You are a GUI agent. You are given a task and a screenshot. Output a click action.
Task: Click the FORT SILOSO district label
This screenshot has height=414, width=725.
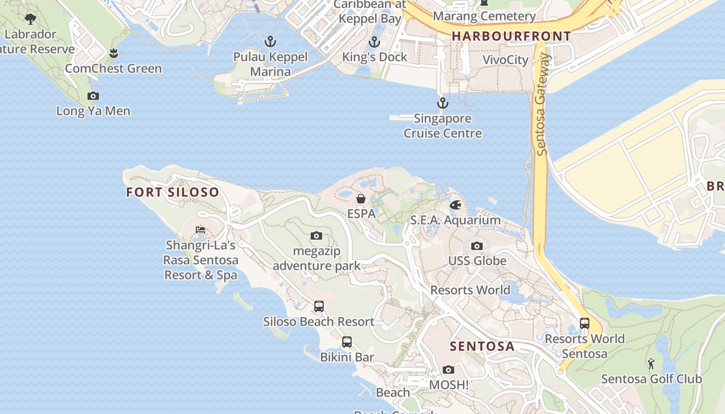[172, 193]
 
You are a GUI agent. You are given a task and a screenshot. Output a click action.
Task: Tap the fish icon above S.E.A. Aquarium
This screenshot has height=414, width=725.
[455, 205]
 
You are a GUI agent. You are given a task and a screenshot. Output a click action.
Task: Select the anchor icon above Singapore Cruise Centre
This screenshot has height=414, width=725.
[442, 103]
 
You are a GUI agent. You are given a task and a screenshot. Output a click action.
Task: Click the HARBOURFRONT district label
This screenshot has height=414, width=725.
[512, 36]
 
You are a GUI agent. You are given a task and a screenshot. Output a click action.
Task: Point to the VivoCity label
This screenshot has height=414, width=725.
[505, 60]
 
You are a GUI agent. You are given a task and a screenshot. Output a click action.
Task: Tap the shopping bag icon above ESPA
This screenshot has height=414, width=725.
[361, 199]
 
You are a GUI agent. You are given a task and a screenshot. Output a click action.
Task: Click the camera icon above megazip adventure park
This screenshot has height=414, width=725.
[316, 236]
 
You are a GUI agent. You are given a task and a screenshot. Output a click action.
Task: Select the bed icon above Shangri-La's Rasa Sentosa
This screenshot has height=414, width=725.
[200, 230]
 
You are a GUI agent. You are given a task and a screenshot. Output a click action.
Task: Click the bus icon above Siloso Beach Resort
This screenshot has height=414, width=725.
[319, 306]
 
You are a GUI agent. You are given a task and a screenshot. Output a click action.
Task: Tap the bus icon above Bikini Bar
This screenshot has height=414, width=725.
[346, 342]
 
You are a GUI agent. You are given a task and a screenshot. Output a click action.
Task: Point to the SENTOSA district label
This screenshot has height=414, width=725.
[482, 346]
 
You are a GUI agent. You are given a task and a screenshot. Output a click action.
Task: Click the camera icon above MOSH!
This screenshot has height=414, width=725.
[448, 370]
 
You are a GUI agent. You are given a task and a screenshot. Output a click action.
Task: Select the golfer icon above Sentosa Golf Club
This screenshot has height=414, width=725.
[651, 364]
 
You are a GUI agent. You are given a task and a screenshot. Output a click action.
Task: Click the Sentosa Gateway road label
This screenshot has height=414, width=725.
[542, 103]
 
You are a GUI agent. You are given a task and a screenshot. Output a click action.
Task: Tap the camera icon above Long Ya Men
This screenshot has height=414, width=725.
[93, 96]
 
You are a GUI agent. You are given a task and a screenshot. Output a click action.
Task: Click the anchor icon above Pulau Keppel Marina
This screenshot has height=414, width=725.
[270, 42]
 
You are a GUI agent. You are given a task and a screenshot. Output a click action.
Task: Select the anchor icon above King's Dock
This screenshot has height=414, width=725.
[374, 42]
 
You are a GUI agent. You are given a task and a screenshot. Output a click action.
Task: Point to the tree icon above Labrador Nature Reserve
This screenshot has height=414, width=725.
[31, 19]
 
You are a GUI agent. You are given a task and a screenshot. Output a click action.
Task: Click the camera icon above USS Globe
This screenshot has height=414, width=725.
[477, 246]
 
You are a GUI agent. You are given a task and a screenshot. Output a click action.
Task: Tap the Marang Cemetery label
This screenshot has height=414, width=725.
[484, 17]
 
